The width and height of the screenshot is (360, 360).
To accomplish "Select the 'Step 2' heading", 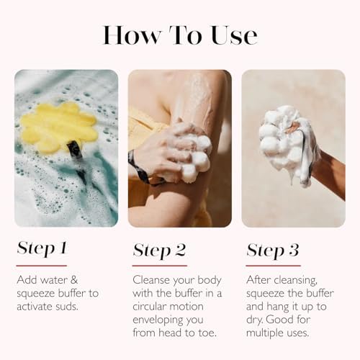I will (x=159, y=250).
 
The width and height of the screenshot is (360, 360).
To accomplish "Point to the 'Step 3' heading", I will (x=274, y=250).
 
